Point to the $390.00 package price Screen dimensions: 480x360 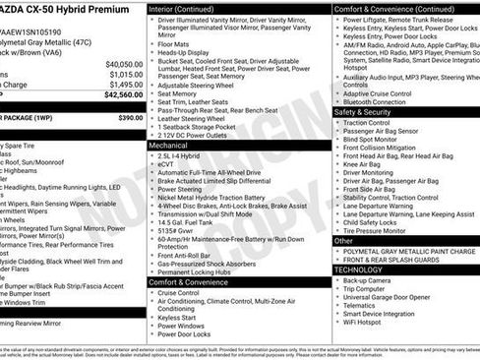[130, 117]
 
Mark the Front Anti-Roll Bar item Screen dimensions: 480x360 [187, 255]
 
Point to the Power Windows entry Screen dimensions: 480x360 [181, 325]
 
